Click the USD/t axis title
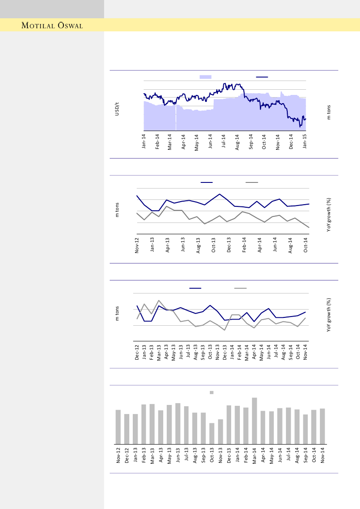(117, 109)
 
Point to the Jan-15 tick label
(305, 141)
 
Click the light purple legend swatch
(205, 77)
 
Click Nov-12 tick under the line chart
(137, 245)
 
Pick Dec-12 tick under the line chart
(137, 352)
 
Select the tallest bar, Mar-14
(254, 420)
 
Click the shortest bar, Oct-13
(212, 433)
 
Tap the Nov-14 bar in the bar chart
(323, 425)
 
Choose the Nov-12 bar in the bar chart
(118, 426)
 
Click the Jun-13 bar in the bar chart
(178, 423)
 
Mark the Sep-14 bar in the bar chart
(306, 428)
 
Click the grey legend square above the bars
(212, 392)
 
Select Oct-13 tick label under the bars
(212, 457)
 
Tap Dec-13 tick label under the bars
(229, 457)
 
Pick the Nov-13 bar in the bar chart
(220, 431)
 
